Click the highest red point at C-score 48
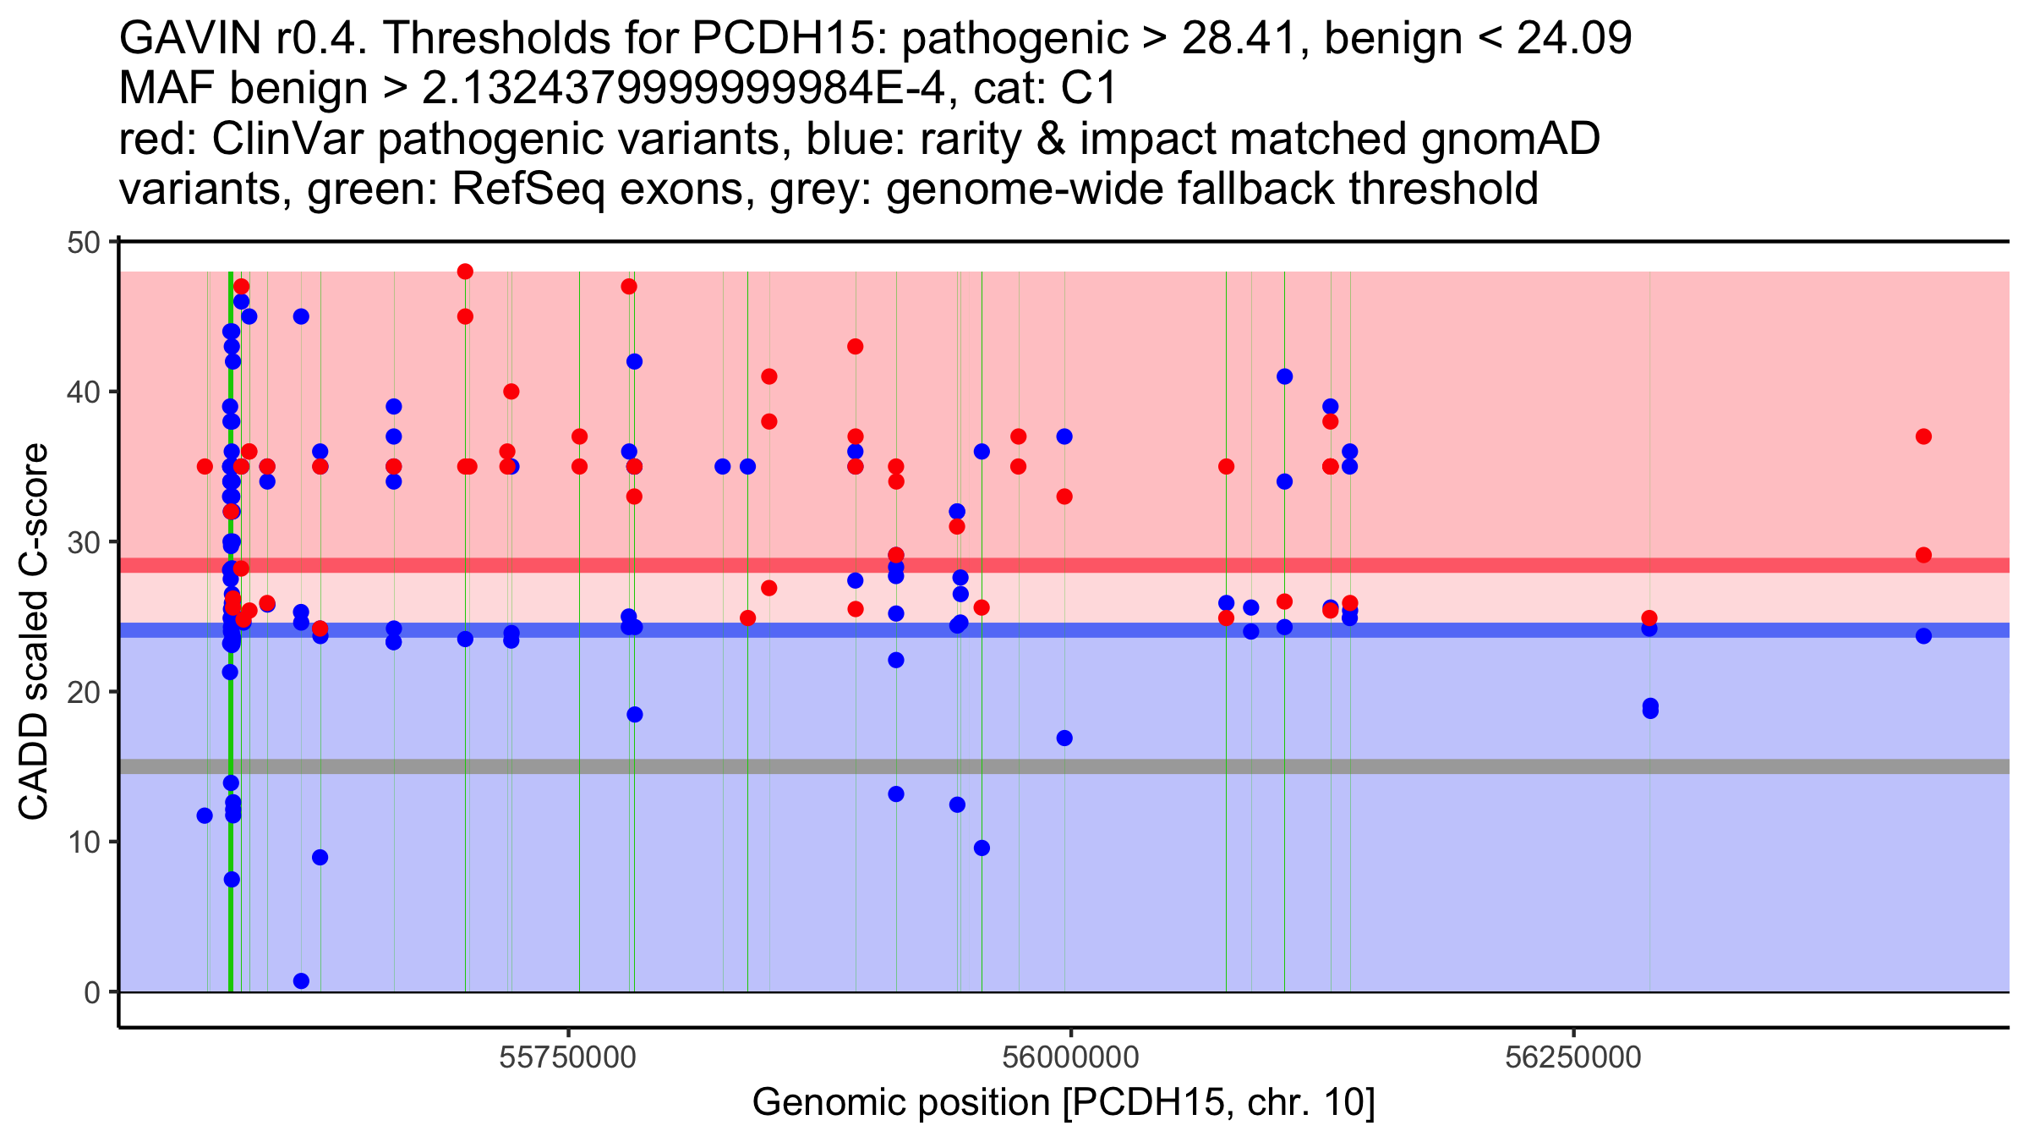[x=465, y=272]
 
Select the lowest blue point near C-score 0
[x=301, y=981]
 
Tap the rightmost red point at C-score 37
[x=1923, y=436]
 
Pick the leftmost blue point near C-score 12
[x=205, y=815]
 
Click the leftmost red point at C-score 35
[x=205, y=466]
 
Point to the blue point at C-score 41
[x=1284, y=376]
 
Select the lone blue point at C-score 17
[x=1064, y=738]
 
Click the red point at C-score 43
[x=855, y=346]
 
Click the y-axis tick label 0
[x=91, y=992]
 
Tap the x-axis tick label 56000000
[x=1070, y=1057]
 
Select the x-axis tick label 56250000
[x=1572, y=1057]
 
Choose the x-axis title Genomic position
[x=1064, y=1103]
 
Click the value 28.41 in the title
[x=1243, y=38]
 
